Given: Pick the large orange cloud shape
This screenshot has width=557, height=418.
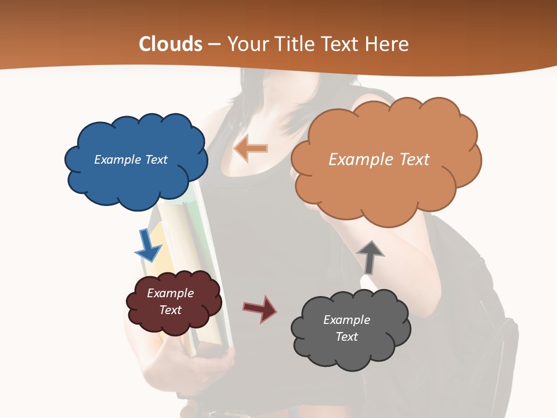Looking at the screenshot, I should point(386,180).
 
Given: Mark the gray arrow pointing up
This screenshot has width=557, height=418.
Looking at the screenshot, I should point(370,257).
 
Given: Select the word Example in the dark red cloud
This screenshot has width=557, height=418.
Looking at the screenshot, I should point(170,293).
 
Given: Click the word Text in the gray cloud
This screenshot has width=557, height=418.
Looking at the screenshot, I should point(346,337).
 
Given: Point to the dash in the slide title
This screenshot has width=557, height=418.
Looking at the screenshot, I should point(214,45).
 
